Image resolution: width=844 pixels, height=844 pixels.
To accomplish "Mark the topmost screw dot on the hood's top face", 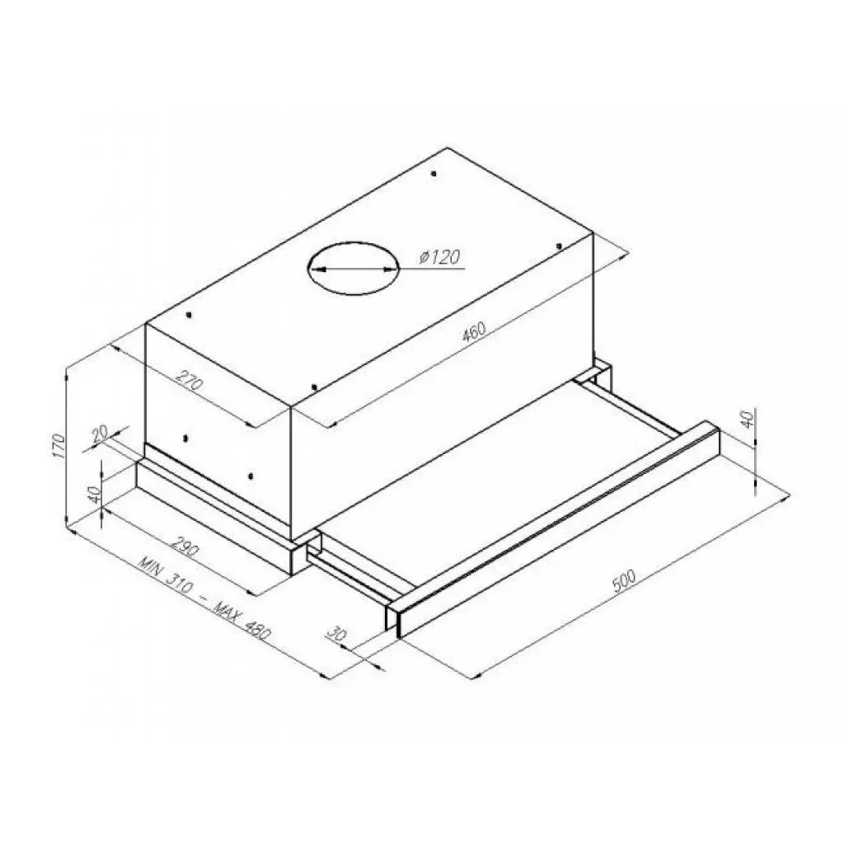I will [434, 174].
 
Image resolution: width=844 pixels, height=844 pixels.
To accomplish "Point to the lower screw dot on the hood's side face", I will [251, 476].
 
